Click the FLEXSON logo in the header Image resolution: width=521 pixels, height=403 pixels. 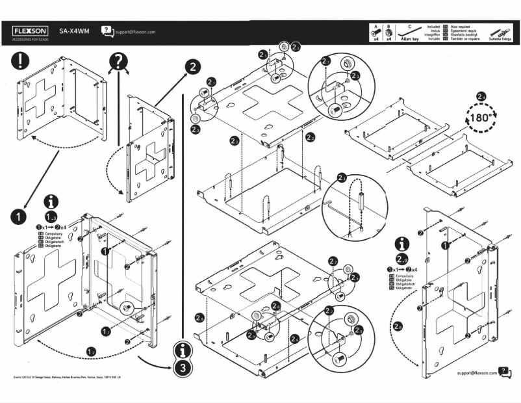pyautogui.click(x=31, y=31)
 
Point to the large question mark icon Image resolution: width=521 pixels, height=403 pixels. pyautogui.click(x=118, y=62)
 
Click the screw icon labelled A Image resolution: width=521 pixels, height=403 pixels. pyautogui.click(x=375, y=31)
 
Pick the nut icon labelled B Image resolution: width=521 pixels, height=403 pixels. pyautogui.click(x=388, y=31)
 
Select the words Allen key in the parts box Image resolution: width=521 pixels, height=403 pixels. pyautogui.click(x=411, y=39)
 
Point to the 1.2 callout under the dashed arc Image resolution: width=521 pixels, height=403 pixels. pyautogui.click(x=92, y=352)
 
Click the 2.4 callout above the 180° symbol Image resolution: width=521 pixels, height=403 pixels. pyautogui.click(x=481, y=97)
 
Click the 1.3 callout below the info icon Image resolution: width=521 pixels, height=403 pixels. pyautogui.click(x=52, y=216)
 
